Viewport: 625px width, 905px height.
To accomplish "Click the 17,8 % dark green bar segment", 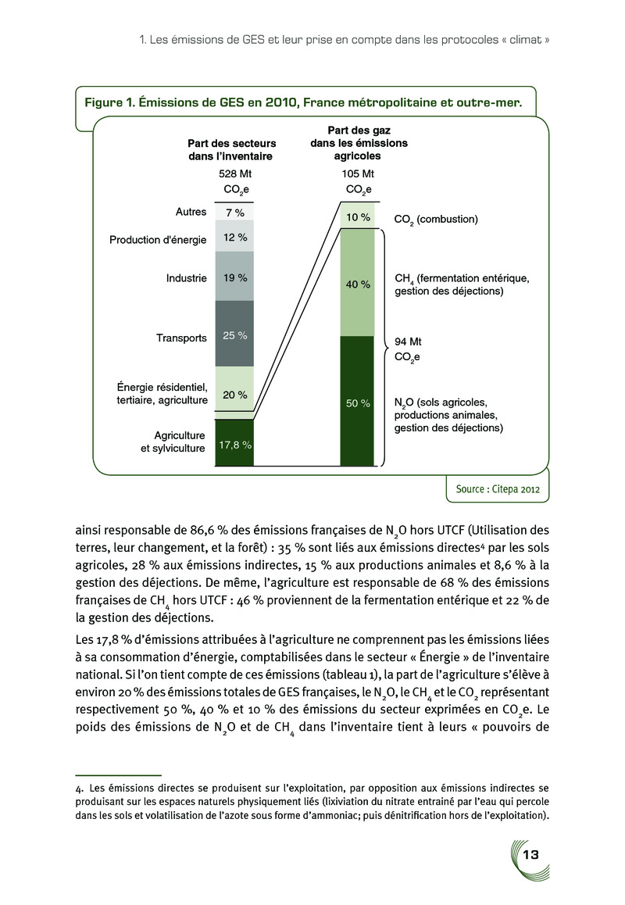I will (234, 444).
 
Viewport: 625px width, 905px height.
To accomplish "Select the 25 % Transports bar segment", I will (234, 336).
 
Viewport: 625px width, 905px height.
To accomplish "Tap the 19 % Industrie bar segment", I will (234, 278).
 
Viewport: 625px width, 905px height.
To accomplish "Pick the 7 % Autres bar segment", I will (234, 212).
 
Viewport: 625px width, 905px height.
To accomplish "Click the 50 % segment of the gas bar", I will (358, 402).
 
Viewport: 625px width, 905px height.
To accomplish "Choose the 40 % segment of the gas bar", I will (358, 284).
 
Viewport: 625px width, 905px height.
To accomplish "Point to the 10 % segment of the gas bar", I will (358, 217).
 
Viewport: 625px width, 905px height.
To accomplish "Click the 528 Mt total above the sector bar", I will (234, 173).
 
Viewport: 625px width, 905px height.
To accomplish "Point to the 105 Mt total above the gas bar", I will (358, 173).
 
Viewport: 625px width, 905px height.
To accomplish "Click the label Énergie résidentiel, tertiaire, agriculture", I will (161, 393).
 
